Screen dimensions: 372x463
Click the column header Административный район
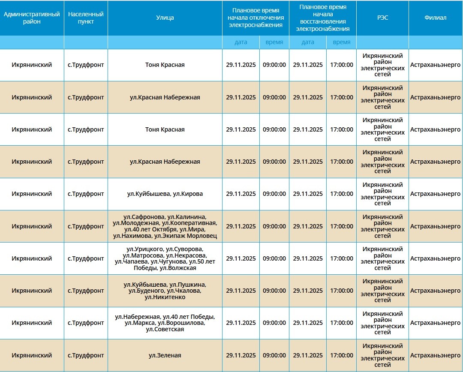click(x=32, y=18)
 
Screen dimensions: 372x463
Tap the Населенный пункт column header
click(x=86, y=18)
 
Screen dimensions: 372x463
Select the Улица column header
click(x=165, y=18)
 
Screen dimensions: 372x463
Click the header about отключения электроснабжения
click(x=256, y=18)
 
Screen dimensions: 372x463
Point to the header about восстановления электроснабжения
click(x=323, y=18)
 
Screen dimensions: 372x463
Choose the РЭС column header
click(x=382, y=18)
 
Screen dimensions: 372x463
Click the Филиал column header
click(x=435, y=18)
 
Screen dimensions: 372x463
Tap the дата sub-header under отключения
click(x=241, y=42)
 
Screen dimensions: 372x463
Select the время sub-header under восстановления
click(x=342, y=42)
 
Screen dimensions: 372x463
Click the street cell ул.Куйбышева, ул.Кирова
click(x=165, y=194)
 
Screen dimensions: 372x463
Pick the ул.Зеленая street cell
click(x=165, y=355)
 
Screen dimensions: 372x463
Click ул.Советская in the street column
click(x=165, y=329)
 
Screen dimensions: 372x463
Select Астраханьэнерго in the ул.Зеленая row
click(x=435, y=355)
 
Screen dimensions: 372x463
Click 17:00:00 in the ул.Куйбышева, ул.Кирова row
click(x=342, y=194)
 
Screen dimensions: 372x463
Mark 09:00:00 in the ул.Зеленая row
click(x=274, y=355)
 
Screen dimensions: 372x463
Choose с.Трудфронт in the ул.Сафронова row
click(x=86, y=226)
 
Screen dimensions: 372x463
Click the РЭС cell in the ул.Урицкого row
click(x=382, y=258)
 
